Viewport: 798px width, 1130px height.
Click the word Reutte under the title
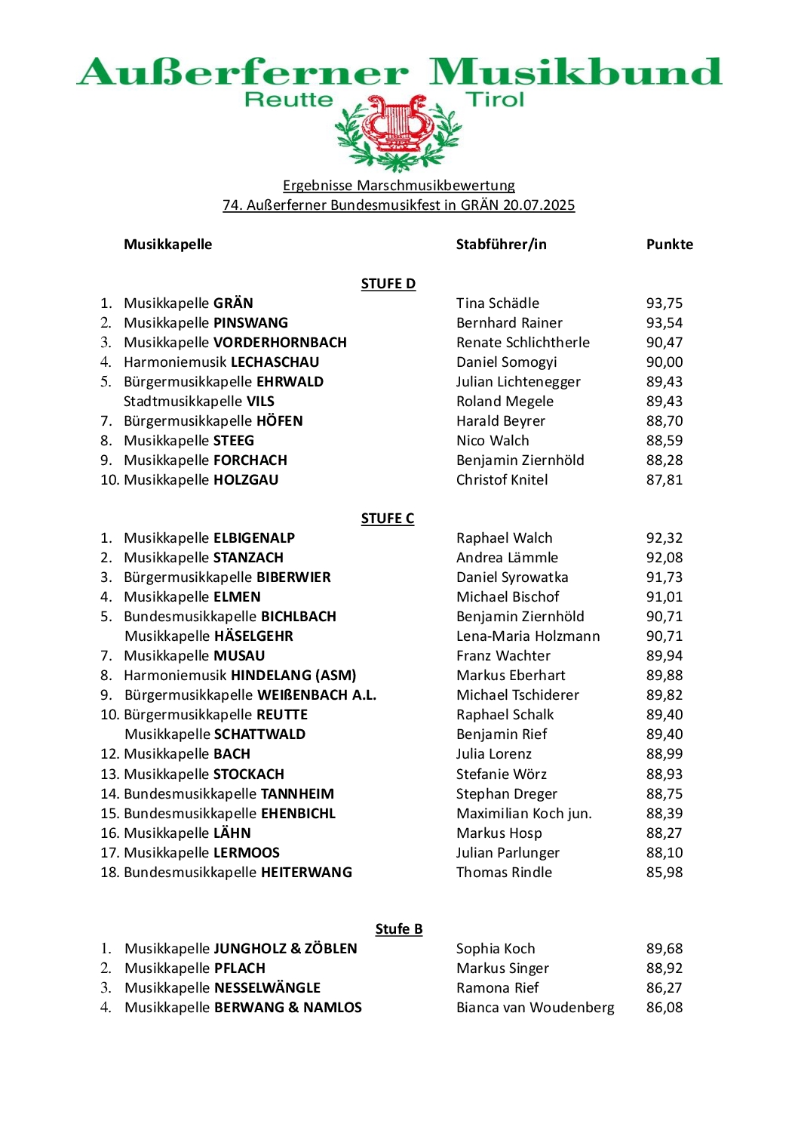coord(289,100)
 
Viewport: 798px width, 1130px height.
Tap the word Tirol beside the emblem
coord(495,100)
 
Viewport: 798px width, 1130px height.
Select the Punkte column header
coord(669,245)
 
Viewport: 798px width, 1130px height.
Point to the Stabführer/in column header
coord(501,245)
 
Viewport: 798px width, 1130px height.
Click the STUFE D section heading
coord(388,284)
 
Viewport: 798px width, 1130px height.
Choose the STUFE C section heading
coord(387,519)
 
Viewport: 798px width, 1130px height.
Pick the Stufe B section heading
coord(398,929)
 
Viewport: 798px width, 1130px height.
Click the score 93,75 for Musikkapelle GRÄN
coord(664,303)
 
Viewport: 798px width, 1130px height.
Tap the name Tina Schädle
coord(497,303)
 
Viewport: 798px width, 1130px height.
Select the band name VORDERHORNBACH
coord(280,343)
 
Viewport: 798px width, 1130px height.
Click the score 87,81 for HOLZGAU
coord(664,480)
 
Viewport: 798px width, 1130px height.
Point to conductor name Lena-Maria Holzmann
coord(528,636)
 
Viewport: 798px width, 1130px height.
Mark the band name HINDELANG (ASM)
coord(293,676)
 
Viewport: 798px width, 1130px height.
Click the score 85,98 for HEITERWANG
coord(664,873)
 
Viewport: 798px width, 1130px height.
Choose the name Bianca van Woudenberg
coord(535,1008)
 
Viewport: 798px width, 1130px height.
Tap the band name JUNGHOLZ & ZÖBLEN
coord(285,949)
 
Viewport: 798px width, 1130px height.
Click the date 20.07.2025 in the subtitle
coord(539,205)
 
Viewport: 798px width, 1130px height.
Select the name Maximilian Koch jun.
coord(523,814)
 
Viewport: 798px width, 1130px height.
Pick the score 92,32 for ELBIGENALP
coord(664,538)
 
